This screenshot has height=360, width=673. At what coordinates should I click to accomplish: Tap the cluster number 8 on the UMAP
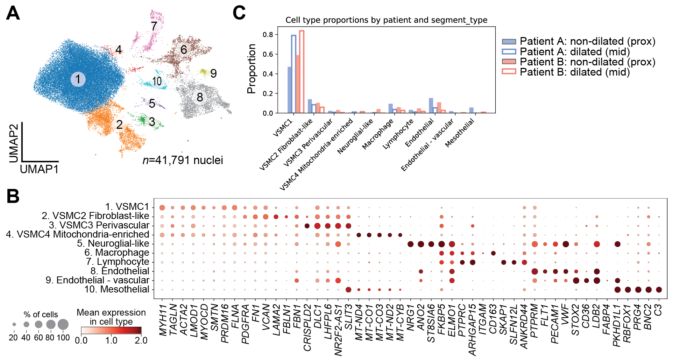(x=200, y=97)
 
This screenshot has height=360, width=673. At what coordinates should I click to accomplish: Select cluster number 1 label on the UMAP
(x=78, y=79)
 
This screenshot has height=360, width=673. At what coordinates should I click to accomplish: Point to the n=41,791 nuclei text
(x=183, y=160)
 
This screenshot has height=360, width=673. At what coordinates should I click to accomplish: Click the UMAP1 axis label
(x=39, y=169)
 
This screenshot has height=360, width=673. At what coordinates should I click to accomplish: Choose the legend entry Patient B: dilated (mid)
(x=574, y=72)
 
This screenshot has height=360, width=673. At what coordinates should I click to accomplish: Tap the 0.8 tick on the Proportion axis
(x=268, y=35)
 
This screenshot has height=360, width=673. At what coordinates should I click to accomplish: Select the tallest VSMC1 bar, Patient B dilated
(x=302, y=72)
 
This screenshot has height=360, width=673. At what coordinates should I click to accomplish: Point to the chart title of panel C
(x=386, y=20)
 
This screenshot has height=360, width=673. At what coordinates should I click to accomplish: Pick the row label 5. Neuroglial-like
(x=113, y=243)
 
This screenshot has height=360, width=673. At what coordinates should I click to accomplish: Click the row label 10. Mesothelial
(x=117, y=289)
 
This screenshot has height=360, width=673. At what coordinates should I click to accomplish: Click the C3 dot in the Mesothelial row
(x=659, y=290)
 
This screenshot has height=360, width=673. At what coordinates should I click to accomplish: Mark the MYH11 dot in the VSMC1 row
(x=162, y=208)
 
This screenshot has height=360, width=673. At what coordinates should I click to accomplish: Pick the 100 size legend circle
(x=63, y=325)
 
